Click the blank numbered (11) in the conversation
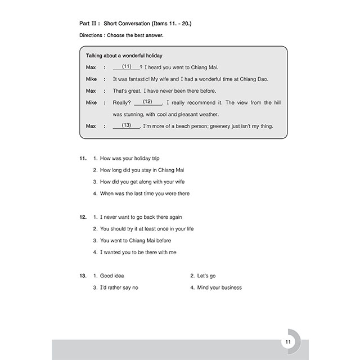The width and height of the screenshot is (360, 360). pyautogui.click(x=127, y=67)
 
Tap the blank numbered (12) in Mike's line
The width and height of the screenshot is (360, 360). pyautogui.click(x=148, y=102)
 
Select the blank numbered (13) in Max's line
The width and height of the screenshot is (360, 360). pyautogui.click(x=126, y=125)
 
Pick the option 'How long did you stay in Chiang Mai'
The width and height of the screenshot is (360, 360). pyautogui.click(x=142, y=170)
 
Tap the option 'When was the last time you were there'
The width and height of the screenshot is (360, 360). pyautogui.click(x=145, y=193)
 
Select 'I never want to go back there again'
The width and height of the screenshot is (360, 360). pyautogui.click(x=141, y=217)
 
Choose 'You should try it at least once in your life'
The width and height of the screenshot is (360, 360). pyautogui.click(x=147, y=229)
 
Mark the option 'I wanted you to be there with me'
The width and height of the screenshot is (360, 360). pyautogui.click(x=138, y=253)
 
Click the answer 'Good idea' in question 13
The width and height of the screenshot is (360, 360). pyautogui.click(x=112, y=276)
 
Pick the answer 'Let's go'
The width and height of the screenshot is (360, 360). pyautogui.click(x=206, y=276)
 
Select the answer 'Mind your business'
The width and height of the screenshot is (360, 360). pyautogui.click(x=219, y=288)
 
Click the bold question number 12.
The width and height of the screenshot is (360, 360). pyautogui.click(x=83, y=217)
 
